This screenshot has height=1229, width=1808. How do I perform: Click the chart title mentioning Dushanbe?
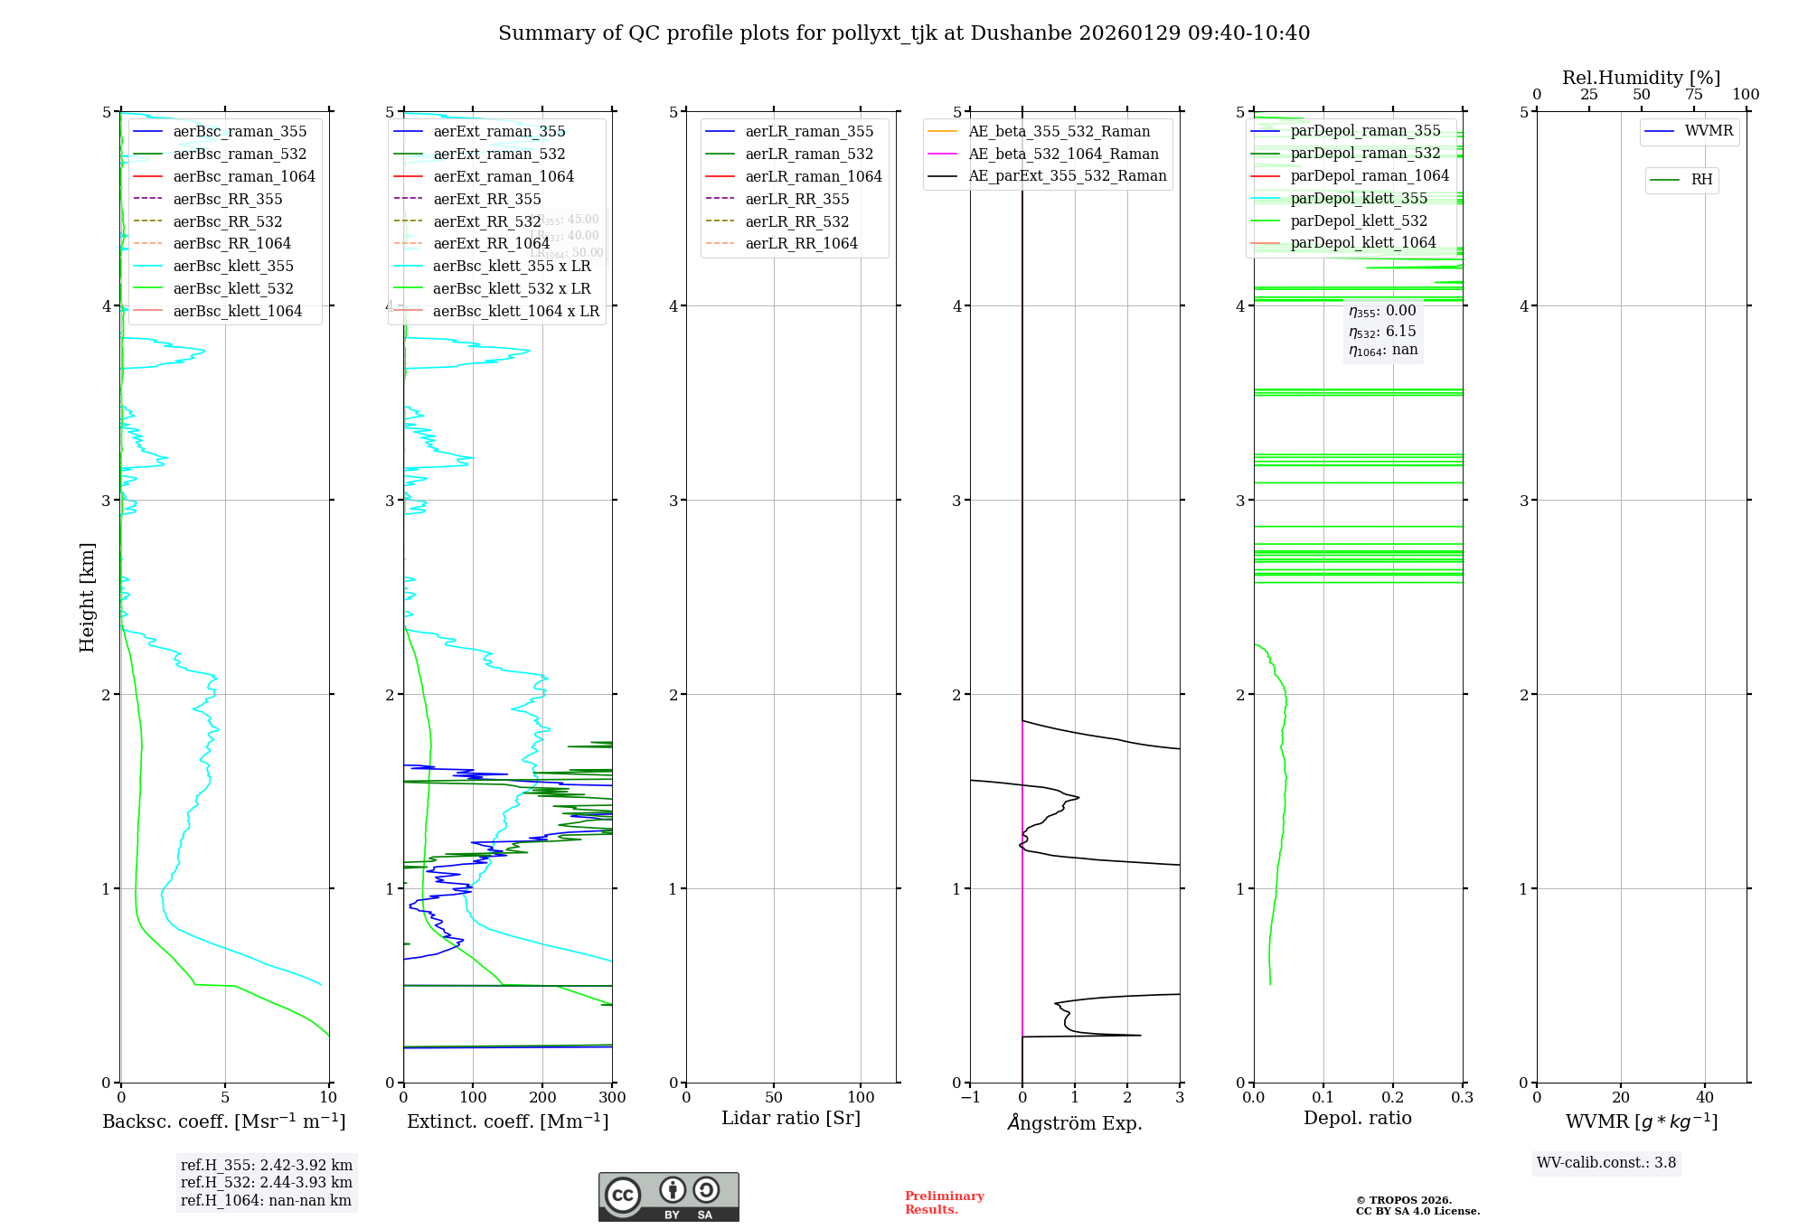point(904,33)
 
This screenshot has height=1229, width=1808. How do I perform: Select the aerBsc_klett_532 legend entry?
point(232,288)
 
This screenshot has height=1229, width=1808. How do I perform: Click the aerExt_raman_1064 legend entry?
point(503,176)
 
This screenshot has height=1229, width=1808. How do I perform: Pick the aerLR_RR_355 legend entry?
point(796,199)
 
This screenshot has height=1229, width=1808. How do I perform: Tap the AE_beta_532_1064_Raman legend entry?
point(1063,154)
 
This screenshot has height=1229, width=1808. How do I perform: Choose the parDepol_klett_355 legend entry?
point(1359,198)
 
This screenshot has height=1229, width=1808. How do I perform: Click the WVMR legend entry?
point(1708,131)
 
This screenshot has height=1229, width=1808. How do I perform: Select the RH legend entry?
point(1700,180)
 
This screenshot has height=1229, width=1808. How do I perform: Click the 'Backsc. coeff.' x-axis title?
point(224,1121)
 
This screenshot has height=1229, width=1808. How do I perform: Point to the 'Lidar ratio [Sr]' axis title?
point(791,1118)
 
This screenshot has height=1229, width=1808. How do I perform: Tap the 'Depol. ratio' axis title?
point(1357,1118)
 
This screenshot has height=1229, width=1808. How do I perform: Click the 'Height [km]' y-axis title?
point(87,596)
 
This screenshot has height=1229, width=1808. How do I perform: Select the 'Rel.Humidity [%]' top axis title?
point(1641,78)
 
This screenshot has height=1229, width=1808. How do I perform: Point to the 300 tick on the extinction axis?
point(612,1097)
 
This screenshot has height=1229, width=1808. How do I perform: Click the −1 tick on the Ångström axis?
point(970,1097)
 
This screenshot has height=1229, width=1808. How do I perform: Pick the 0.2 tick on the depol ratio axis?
point(1393,1097)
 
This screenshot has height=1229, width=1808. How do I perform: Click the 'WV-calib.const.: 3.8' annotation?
point(1606,1163)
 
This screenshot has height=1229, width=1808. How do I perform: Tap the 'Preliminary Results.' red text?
point(944,1203)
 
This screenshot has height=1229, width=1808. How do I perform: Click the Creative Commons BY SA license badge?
point(668,1196)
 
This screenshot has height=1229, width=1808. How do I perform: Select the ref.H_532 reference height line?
point(267,1182)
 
